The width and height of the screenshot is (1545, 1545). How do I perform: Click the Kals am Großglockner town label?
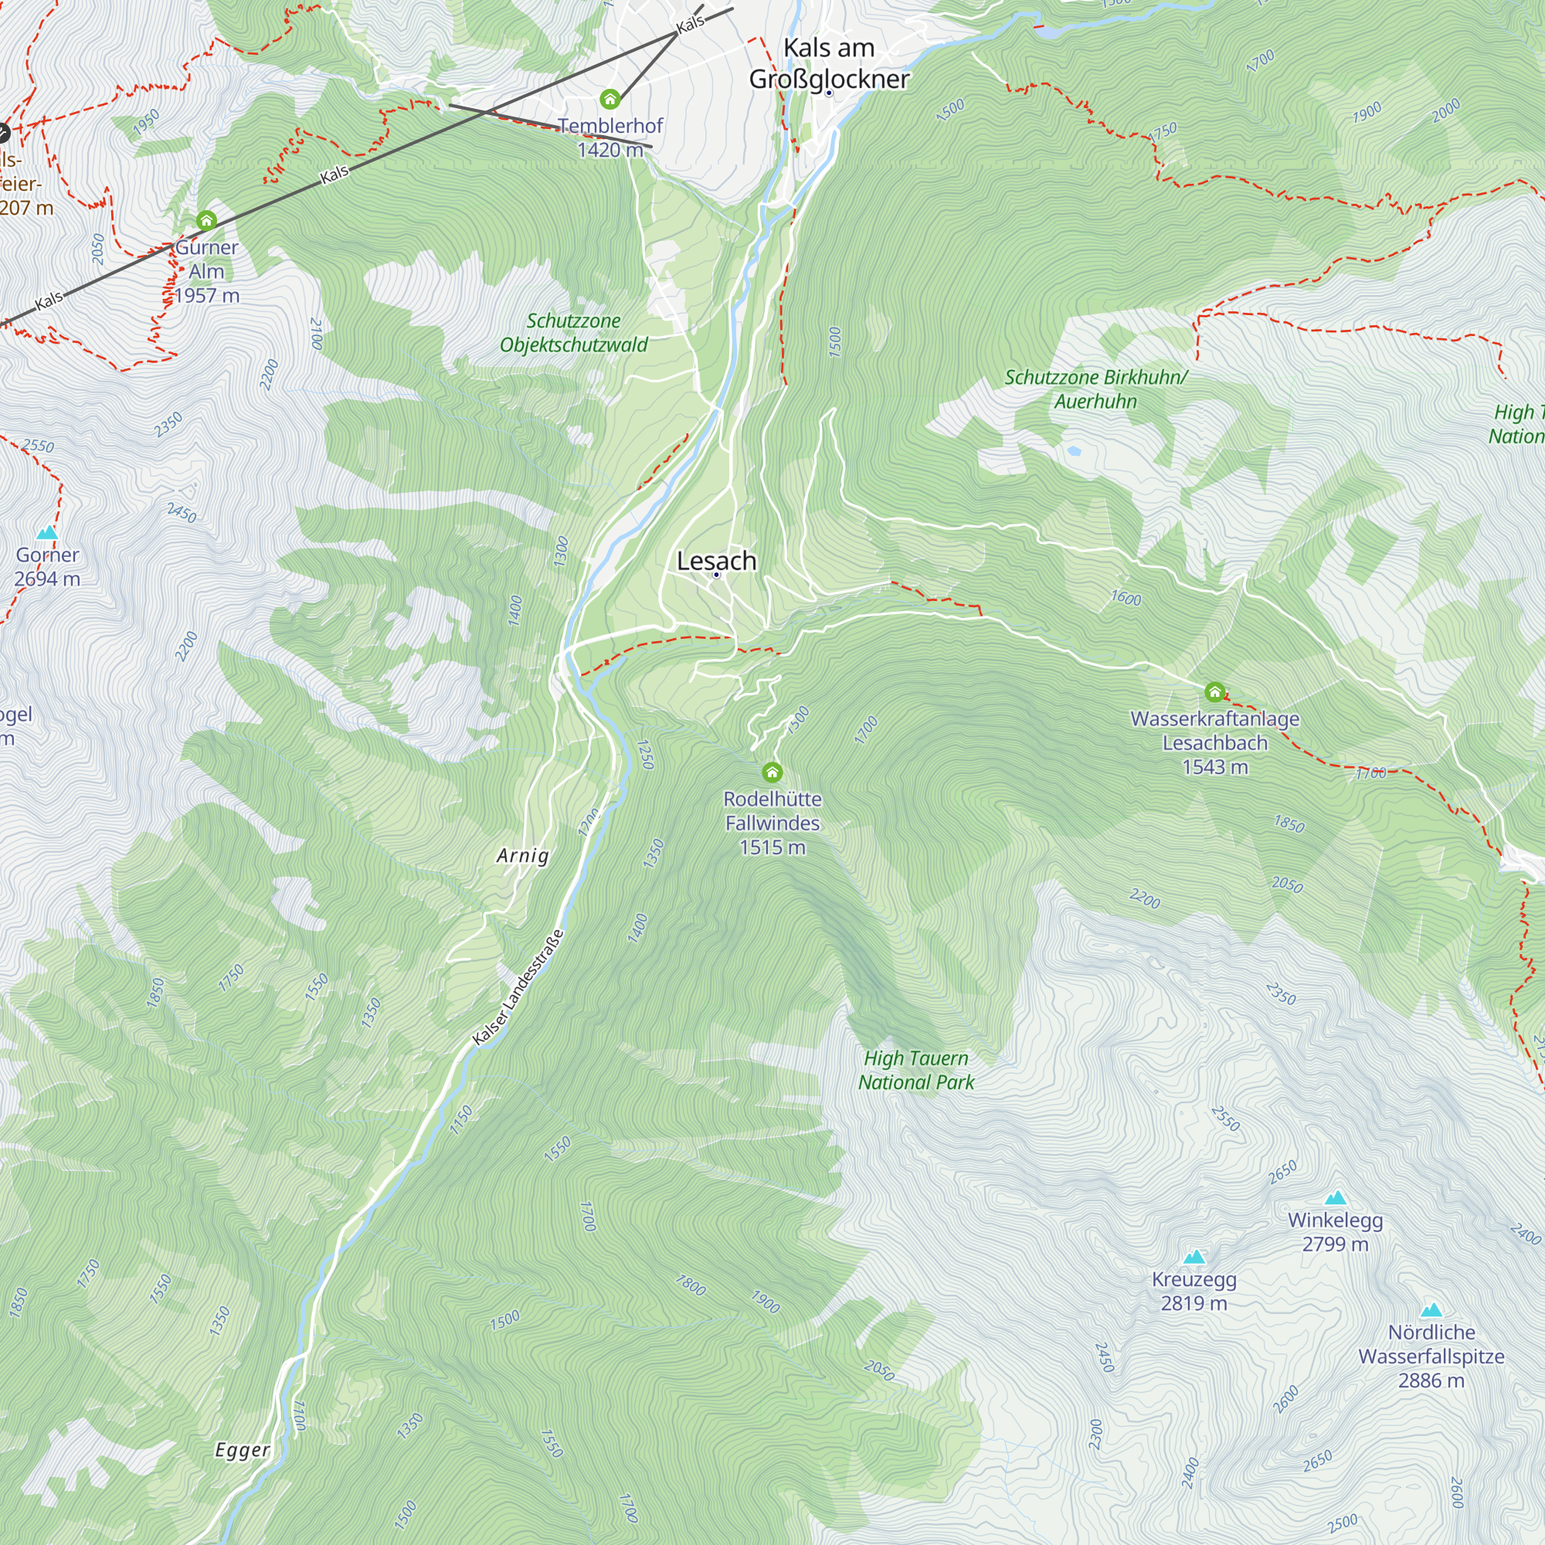point(828,64)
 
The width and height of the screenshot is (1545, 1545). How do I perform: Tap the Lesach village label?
point(716,561)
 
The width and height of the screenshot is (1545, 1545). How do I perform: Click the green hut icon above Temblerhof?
point(610,99)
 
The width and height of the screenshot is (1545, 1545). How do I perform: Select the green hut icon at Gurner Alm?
point(206,220)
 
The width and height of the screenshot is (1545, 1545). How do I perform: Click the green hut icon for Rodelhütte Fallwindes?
point(772,772)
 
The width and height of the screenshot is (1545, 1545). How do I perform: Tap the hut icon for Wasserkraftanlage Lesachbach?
point(1214,691)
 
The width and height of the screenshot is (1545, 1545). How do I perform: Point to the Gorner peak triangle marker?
point(47,532)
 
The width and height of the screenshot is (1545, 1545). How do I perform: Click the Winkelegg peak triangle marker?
point(1336,1197)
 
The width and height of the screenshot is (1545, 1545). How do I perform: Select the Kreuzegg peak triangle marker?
point(1194,1256)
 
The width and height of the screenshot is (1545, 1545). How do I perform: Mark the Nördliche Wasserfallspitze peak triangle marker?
point(1431,1310)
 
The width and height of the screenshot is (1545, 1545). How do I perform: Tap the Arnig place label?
point(522,856)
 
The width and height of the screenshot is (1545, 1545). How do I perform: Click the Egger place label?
point(243,1450)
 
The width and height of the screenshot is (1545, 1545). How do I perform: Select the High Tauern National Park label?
point(915,1070)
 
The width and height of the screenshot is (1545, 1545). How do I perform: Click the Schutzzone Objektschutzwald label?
point(573,333)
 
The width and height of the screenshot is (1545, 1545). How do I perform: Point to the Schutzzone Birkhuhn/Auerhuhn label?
point(1095,389)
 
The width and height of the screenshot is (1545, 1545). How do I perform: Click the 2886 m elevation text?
point(1431,1380)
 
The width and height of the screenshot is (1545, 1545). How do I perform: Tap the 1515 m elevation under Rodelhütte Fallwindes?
point(772,847)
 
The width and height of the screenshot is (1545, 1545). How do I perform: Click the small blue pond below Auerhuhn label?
point(1074,451)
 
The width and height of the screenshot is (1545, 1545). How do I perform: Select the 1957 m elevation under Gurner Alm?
point(206,295)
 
